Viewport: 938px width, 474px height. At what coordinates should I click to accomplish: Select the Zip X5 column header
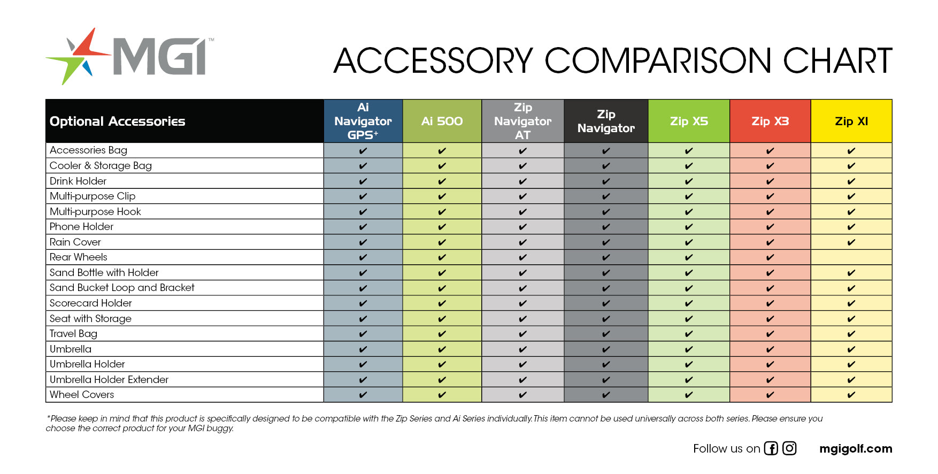coord(689,121)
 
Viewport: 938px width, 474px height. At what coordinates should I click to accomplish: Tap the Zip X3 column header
coord(770,121)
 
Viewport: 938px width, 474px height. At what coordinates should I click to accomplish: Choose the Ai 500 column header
coord(442,121)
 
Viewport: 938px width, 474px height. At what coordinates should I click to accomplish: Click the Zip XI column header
coord(851,121)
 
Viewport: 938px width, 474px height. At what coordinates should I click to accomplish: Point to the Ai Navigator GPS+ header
coord(363,121)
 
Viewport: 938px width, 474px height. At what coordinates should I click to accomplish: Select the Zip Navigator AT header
coord(522,121)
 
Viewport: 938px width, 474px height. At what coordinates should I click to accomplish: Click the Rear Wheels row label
coord(79,257)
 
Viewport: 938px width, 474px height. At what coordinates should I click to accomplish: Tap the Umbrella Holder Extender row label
coord(109,379)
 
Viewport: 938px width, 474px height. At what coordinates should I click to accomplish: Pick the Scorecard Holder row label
coord(91,303)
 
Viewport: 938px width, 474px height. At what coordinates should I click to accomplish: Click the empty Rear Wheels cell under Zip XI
coord(851,257)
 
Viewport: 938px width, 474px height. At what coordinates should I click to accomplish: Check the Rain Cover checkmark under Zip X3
coord(770,242)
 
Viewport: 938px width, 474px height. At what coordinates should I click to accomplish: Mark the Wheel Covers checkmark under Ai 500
coord(442,395)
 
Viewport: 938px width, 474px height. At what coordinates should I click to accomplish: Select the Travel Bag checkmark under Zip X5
coord(689,334)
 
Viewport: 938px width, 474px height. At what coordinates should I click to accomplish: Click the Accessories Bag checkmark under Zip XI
coord(851,151)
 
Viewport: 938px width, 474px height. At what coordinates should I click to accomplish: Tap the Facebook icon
coord(771,448)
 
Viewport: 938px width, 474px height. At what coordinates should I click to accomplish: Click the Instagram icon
coord(789,448)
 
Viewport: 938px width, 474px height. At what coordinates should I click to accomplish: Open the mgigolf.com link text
coord(856,449)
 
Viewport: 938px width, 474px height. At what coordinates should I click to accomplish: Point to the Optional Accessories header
coord(118,121)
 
